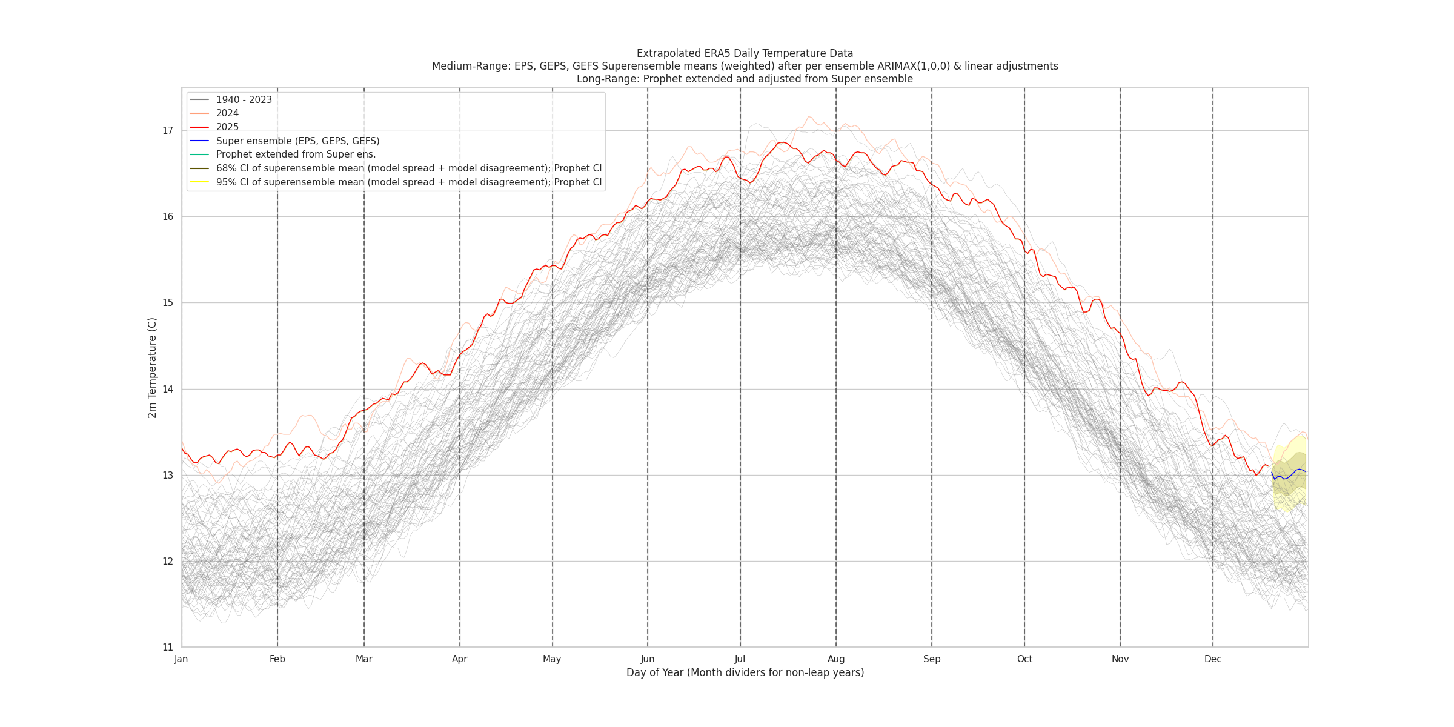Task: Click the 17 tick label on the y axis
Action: pyautogui.click(x=168, y=131)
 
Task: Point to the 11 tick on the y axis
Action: pyautogui.click(x=168, y=648)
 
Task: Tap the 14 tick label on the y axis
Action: pyautogui.click(x=168, y=390)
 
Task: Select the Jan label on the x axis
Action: pyautogui.click(x=181, y=659)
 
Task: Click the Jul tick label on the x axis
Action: pyautogui.click(x=740, y=659)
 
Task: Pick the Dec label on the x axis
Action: pyautogui.click(x=1212, y=659)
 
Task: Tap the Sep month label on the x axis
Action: pyautogui.click(x=932, y=659)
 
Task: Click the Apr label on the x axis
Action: pyautogui.click(x=460, y=659)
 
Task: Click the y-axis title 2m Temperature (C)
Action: pyautogui.click(x=153, y=368)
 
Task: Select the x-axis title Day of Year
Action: pyautogui.click(x=745, y=672)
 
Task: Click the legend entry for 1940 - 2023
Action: pyautogui.click(x=244, y=100)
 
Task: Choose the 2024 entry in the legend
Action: pyautogui.click(x=227, y=113)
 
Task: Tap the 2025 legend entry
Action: pyautogui.click(x=227, y=127)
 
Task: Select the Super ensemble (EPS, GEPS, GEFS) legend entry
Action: pyautogui.click(x=297, y=141)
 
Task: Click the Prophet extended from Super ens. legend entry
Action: pyautogui.click(x=296, y=154)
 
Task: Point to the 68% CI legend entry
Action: pyautogui.click(x=409, y=168)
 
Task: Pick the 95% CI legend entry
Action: pyautogui.click(x=409, y=182)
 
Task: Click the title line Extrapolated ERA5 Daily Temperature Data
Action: pyautogui.click(x=745, y=53)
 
